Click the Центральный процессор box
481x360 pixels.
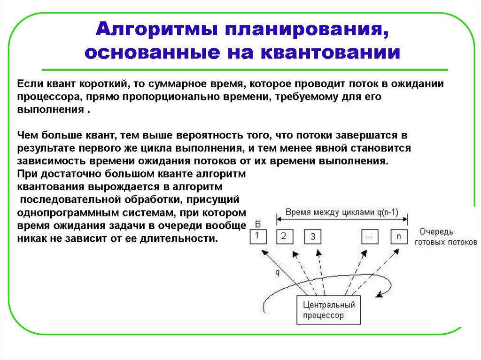point(328,310)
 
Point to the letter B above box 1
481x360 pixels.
point(256,223)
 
